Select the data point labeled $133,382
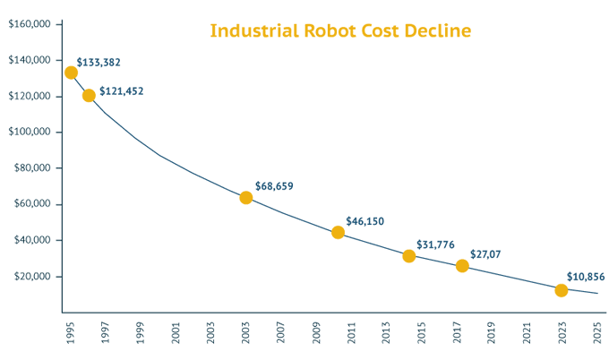(71, 73)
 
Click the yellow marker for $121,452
(89, 96)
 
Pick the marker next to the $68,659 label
(246, 198)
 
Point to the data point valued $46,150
(338, 233)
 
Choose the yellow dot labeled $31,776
(409, 256)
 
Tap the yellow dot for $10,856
(562, 290)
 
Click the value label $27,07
(485, 254)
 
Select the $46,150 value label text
(365, 221)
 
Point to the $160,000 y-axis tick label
(30, 24)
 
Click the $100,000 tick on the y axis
(30, 132)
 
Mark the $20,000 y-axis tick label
(32, 276)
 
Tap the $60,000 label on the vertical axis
(32, 203)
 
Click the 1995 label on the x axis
(70, 333)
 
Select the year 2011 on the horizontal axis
(351, 333)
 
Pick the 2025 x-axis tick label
(597, 333)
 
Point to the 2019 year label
(492, 333)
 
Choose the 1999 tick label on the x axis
(141, 333)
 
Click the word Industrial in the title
(254, 30)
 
